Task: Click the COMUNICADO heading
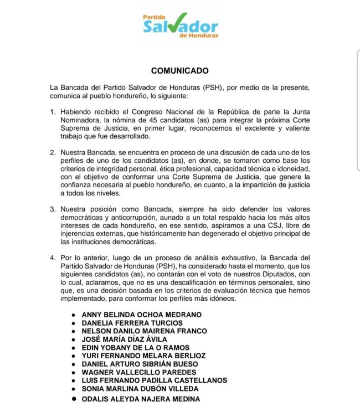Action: [180, 71]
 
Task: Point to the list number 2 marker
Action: [53, 152]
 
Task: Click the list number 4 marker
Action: [53, 259]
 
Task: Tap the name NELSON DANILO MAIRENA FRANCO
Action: [144, 331]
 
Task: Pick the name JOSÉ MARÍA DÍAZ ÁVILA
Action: [124, 339]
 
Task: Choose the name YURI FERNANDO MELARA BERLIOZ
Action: [143, 356]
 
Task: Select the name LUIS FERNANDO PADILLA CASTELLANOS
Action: [154, 381]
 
